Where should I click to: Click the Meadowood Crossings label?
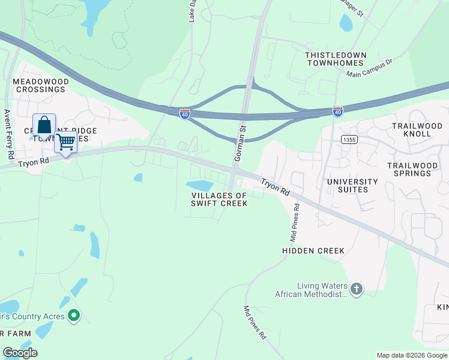coord(40,85)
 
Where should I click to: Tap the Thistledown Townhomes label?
coord(334,59)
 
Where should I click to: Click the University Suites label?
coord(352,185)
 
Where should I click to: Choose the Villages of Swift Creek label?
coord(220,199)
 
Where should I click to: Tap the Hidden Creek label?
coord(313,251)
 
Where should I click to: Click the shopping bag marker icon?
coord(44,127)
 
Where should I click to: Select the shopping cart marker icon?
coord(66,143)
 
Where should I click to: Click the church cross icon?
coord(356,289)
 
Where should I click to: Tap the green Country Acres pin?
coord(74,315)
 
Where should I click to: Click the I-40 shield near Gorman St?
coord(185,113)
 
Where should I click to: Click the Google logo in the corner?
coord(20,353)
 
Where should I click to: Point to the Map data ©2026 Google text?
coord(412,355)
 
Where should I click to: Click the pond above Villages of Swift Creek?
coord(199,185)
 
